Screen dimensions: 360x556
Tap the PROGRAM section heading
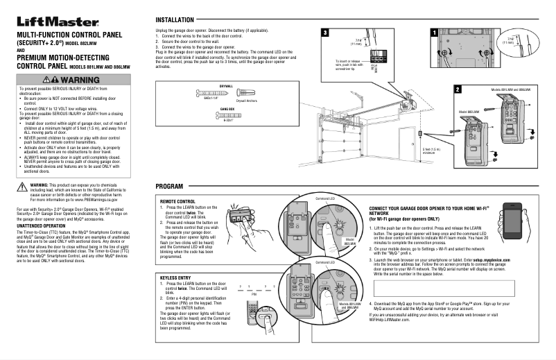click(x=170, y=188)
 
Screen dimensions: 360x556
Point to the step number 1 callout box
click(x=434, y=33)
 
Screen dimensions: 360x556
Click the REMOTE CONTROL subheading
click(x=177, y=201)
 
